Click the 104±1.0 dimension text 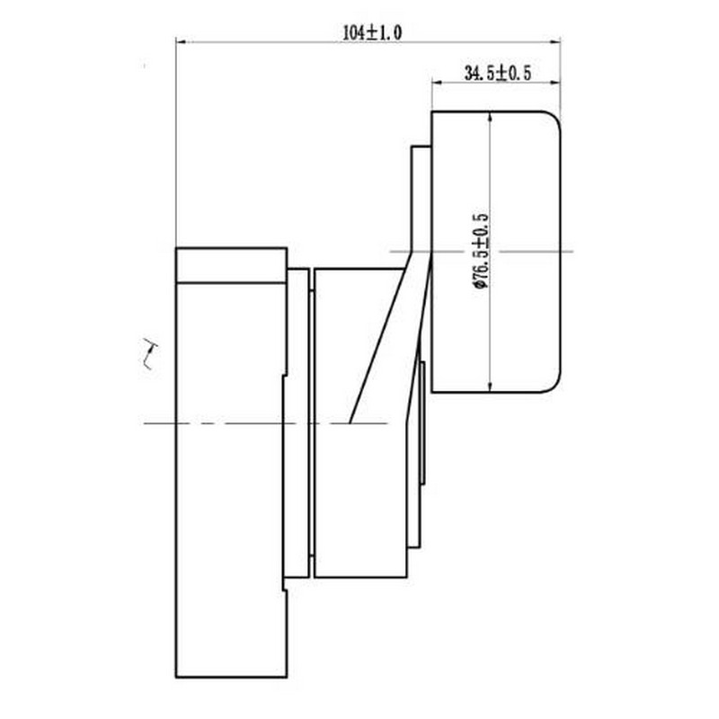pyautogui.click(x=372, y=32)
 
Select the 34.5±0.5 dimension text pyautogui.click(x=498, y=73)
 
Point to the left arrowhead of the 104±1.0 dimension pyautogui.click(x=182, y=42)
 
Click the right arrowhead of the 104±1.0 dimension pyautogui.click(x=555, y=42)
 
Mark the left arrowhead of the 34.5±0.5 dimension pyautogui.click(x=437, y=83)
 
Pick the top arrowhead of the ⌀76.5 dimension pyautogui.click(x=491, y=117)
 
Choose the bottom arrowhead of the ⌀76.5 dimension pyautogui.click(x=491, y=387)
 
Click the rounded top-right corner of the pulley pyautogui.click(x=555, y=118)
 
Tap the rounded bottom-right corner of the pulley pyautogui.click(x=555, y=386)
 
